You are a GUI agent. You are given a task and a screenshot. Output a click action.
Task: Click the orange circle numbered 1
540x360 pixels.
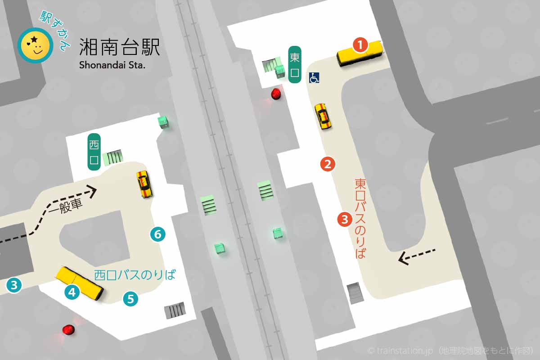point(360,45)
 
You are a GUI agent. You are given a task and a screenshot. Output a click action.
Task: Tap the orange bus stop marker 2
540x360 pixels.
point(328,164)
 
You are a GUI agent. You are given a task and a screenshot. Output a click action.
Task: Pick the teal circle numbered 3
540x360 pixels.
point(14,284)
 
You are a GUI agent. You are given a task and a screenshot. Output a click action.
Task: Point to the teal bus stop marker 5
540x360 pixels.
point(130,299)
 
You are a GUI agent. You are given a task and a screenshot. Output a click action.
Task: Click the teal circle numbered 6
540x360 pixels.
point(157,234)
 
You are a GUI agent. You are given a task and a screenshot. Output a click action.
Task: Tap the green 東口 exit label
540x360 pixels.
point(295,65)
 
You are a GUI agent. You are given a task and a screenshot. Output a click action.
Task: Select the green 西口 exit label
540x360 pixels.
point(94,152)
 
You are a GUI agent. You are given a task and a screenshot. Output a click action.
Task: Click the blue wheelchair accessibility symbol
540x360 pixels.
point(314,78)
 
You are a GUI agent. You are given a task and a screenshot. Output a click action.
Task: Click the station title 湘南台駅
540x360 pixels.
point(119,47)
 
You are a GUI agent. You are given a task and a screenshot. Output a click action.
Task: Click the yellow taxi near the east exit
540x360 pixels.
point(322,117)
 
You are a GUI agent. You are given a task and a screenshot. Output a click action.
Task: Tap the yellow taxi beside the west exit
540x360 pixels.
point(144,184)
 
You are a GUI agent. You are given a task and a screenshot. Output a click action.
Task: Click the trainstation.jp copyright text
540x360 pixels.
point(450,350)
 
